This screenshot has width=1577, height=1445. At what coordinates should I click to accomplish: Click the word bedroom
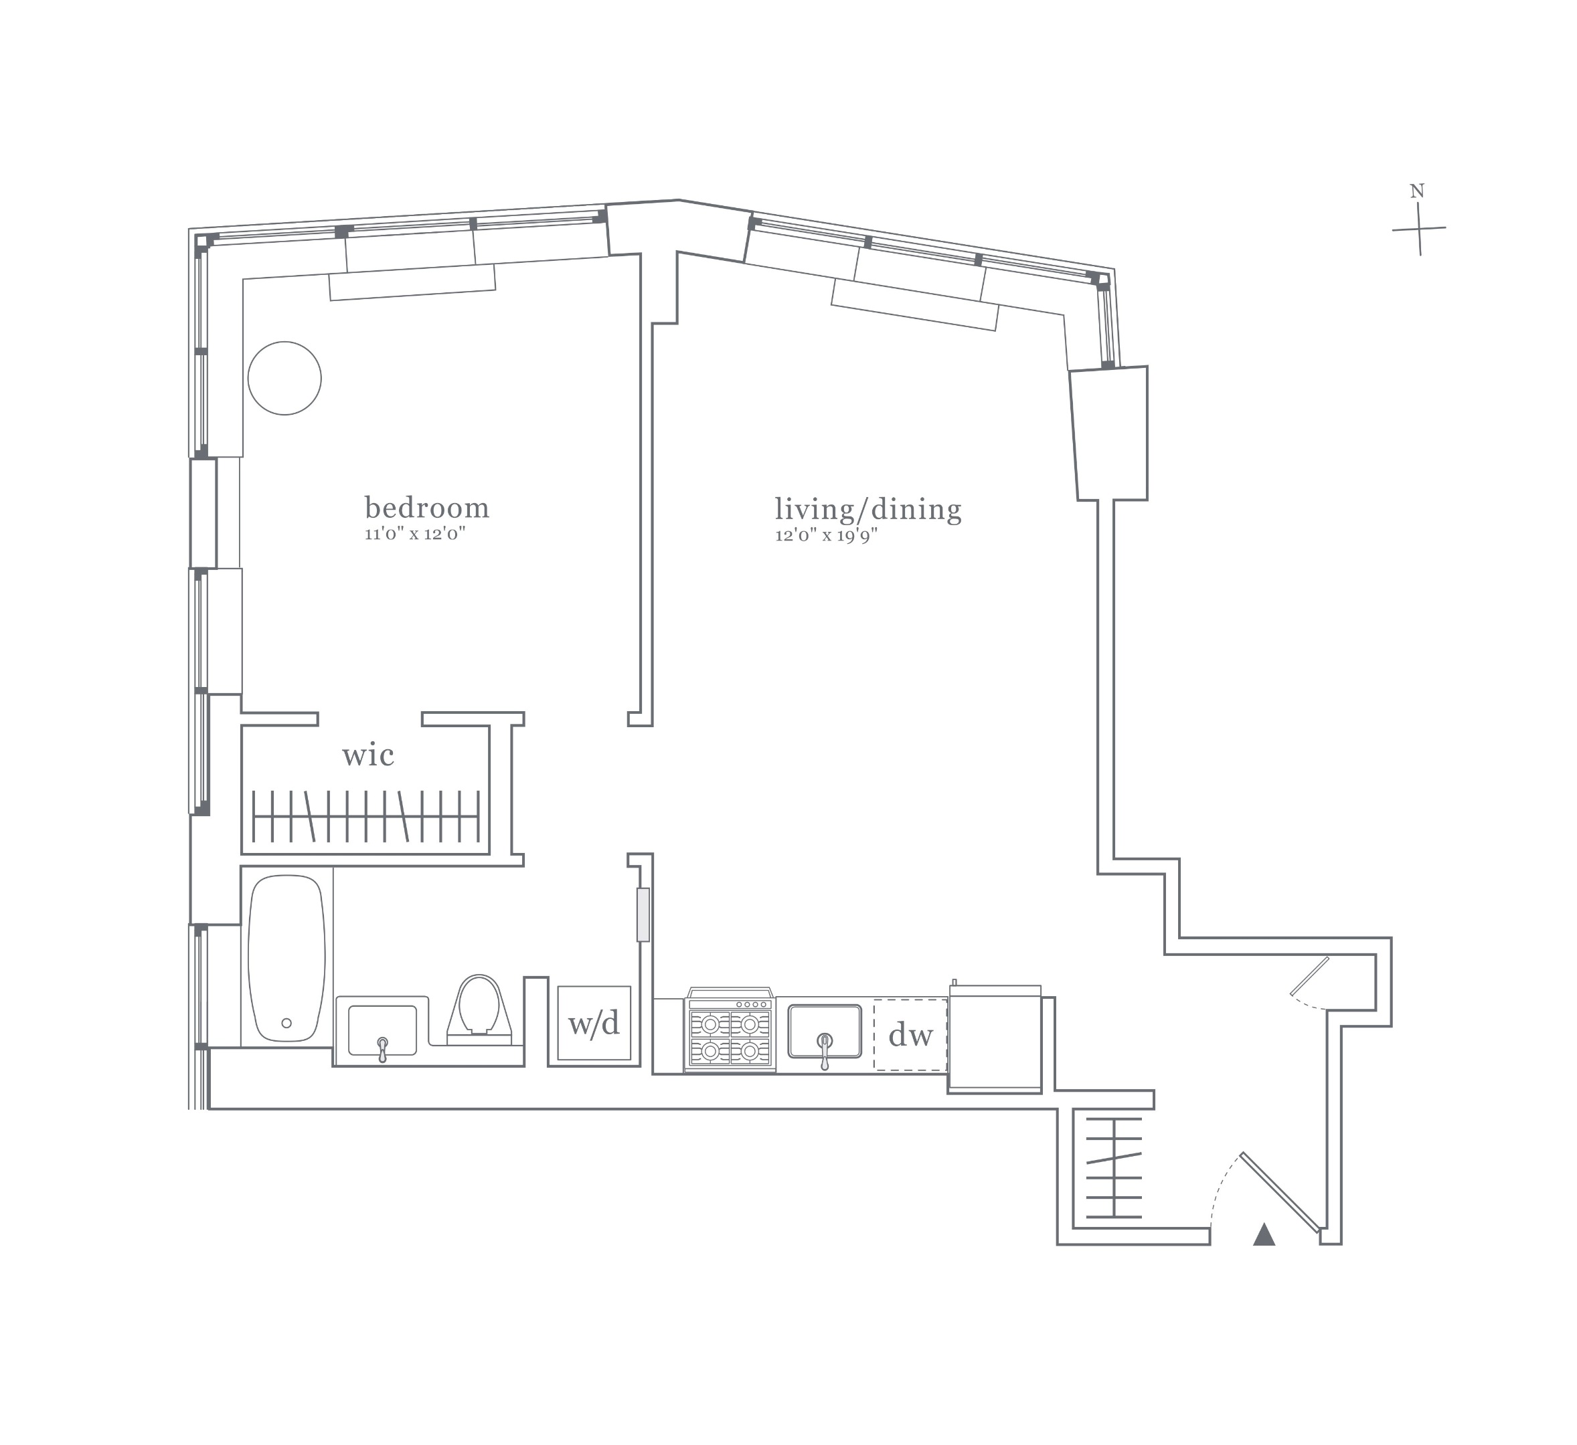(427, 508)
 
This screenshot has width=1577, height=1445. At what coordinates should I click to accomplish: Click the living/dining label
(867, 509)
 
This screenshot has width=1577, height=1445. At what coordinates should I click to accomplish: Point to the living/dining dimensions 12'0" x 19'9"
(826, 536)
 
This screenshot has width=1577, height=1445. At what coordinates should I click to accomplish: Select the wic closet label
(367, 755)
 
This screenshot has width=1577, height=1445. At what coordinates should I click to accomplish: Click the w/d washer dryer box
(594, 1023)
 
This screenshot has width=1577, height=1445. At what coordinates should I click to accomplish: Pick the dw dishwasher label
(910, 1036)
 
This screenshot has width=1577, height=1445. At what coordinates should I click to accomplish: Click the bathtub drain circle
(286, 1023)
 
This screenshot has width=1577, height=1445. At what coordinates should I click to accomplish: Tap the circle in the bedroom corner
(284, 378)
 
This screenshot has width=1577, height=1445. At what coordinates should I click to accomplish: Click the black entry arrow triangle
(1264, 1235)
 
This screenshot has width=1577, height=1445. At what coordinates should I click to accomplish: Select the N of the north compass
(1416, 191)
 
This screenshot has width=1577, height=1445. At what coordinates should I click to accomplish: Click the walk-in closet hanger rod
(366, 816)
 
